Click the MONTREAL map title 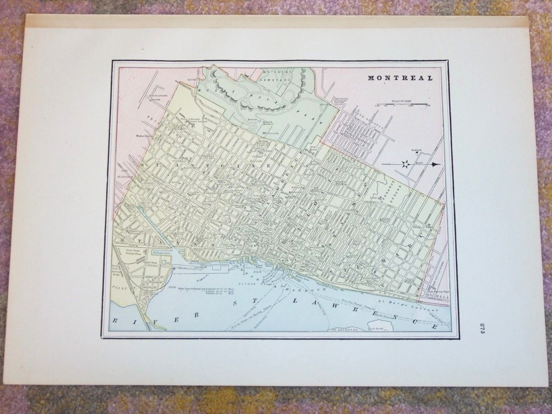(x=400, y=78)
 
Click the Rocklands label (x=417, y=150)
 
